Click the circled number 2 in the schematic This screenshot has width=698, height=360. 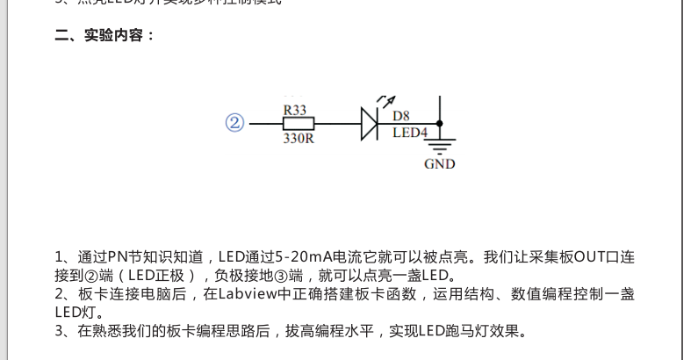pyautogui.click(x=234, y=123)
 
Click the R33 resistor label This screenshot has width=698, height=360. pyautogui.click(x=295, y=110)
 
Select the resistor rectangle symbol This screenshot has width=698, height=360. pyautogui.click(x=296, y=124)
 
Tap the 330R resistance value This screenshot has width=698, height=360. pyautogui.click(x=298, y=138)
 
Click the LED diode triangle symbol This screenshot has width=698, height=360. pyautogui.click(x=370, y=124)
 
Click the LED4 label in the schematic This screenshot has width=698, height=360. pyautogui.click(x=410, y=133)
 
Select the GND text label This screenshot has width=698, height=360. pyautogui.click(x=439, y=163)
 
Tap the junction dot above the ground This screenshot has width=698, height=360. pyautogui.click(x=439, y=124)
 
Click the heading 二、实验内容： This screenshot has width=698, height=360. pyautogui.click(x=105, y=36)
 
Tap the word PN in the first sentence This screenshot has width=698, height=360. pyautogui.click(x=119, y=257)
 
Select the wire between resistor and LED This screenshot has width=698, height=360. pyautogui.click(x=338, y=124)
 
